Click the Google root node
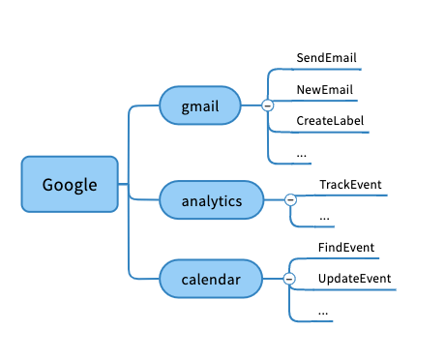(x=70, y=184)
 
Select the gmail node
(x=200, y=105)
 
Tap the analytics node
(x=212, y=200)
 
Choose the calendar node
(x=211, y=279)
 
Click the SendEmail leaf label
(x=326, y=58)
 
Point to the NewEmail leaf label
(x=325, y=90)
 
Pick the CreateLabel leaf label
(x=330, y=121)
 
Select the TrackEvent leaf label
(x=350, y=185)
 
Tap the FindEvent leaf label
(x=346, y=248)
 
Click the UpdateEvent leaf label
(x=354, y=279)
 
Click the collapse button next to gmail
(x=268, y=105)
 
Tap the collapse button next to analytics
(x=290, y=200)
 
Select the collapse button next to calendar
(x=289, y=279)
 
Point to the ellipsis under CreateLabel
(x=302, y=156)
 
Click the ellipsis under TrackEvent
(x=324, y=219)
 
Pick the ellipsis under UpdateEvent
(x=323, y=313)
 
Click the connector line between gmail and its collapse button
(x=252, y=105)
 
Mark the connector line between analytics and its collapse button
(x=275, y=200)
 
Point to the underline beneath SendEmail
(x=326, y=69)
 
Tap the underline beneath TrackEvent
(x=351, y=195)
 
